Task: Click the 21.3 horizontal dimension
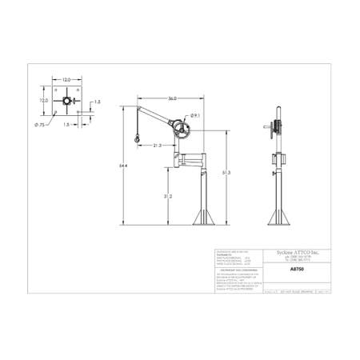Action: coord(157,145)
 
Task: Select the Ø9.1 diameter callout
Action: coord(196,116)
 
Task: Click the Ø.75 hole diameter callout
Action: coord(39,126)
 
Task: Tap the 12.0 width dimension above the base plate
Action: coord(67,80)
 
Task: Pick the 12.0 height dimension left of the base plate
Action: coord(46,102)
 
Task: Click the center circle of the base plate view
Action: coord(67,103)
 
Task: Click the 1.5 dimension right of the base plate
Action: coord(96,102)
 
